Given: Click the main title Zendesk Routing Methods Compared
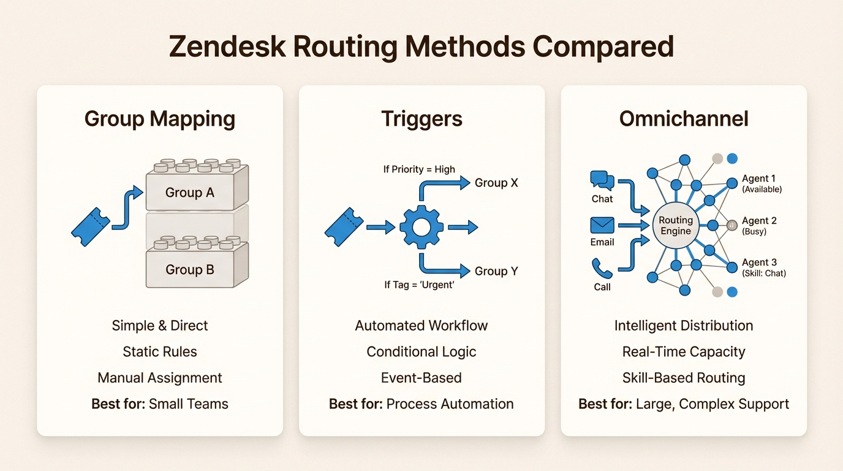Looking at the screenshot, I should tap(421, 47).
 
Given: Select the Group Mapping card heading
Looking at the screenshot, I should tap(159, 118).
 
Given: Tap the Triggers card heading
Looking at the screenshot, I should tap(421, 118).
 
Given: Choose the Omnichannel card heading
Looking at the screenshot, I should tap(684, 118).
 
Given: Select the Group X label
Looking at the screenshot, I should tap(496, 183).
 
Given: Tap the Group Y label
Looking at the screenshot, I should tap(496, 271).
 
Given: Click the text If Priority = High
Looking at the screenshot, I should tap(419, 169).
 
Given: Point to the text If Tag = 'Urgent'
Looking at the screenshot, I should tap(419, 285).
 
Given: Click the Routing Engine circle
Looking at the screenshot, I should tap(676, 226).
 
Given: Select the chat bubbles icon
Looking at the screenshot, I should tap(602, 180).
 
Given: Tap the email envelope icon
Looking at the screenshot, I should tap(602, 225).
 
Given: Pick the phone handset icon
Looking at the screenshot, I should tap(602, 269).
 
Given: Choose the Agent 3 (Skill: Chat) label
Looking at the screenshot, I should tap(763, 267).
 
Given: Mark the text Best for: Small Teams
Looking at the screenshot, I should tap(159, 404).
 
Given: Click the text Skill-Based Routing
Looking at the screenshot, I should tap(684, 378).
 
